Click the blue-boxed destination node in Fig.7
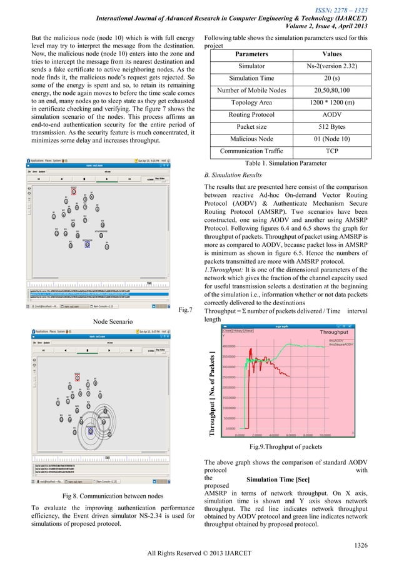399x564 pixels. point(87,244)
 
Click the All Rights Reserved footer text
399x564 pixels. point(199,555)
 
